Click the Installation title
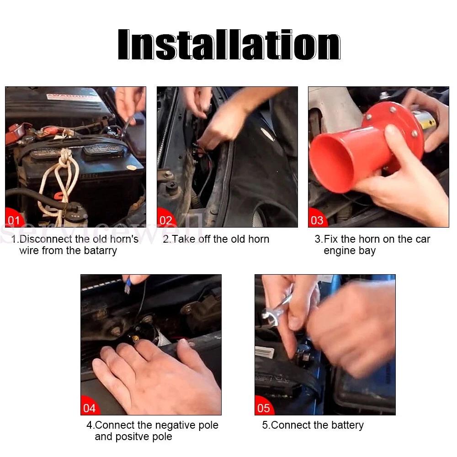coord(229,45)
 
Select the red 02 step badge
coord(166,218)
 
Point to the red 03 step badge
coord(318,218)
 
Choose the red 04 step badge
coord(90,406)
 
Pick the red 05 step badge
coord(264,406)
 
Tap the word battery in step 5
coord(347,425)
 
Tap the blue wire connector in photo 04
coord(128,285)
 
